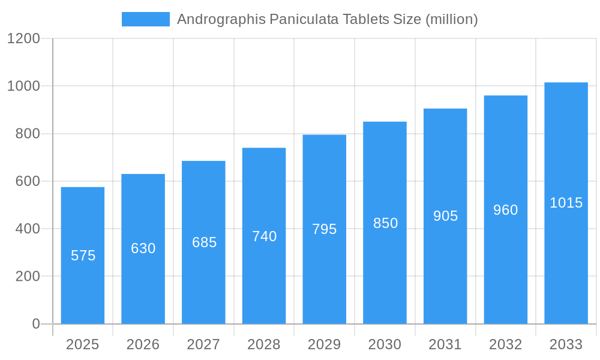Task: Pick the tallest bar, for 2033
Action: (566, 252)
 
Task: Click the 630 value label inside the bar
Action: (143, 248)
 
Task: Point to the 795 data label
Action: (325, 229)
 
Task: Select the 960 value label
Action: (506, 210)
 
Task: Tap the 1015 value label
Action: (566, 203)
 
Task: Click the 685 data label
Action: (204, 242)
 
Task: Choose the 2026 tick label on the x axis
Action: (143, 344)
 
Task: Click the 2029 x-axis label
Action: (325, 344)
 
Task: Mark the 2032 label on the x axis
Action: (506, 344)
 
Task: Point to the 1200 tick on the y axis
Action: (23, 38)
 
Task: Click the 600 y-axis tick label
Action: (28, 181)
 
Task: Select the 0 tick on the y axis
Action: (36, 324)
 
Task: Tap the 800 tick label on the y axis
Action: (28, 134)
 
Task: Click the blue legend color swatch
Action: (146, 19)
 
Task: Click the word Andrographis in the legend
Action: (220, 19)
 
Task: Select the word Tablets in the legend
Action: (365, 19)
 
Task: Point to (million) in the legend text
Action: (451, 19)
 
